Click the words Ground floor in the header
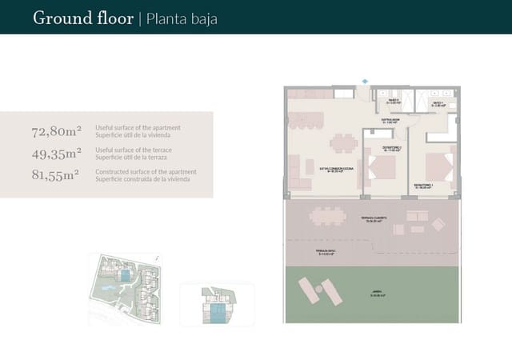pyautogui.click(x=83, y=18)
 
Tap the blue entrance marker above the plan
pyautogui.click(x=366, y=81)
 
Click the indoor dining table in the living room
pyautogui.click(x=344, y=143)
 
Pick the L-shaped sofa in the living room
pyautogui.click(x=298, y=174)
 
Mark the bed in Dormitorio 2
pyautogui.click(x=382, y=168)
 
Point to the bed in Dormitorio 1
pyautogui.click(x=438, y=166)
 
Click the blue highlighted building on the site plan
pyautogui.click(x=125, y=275)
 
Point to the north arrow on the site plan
pyautogui.click(x=158, y=258)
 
